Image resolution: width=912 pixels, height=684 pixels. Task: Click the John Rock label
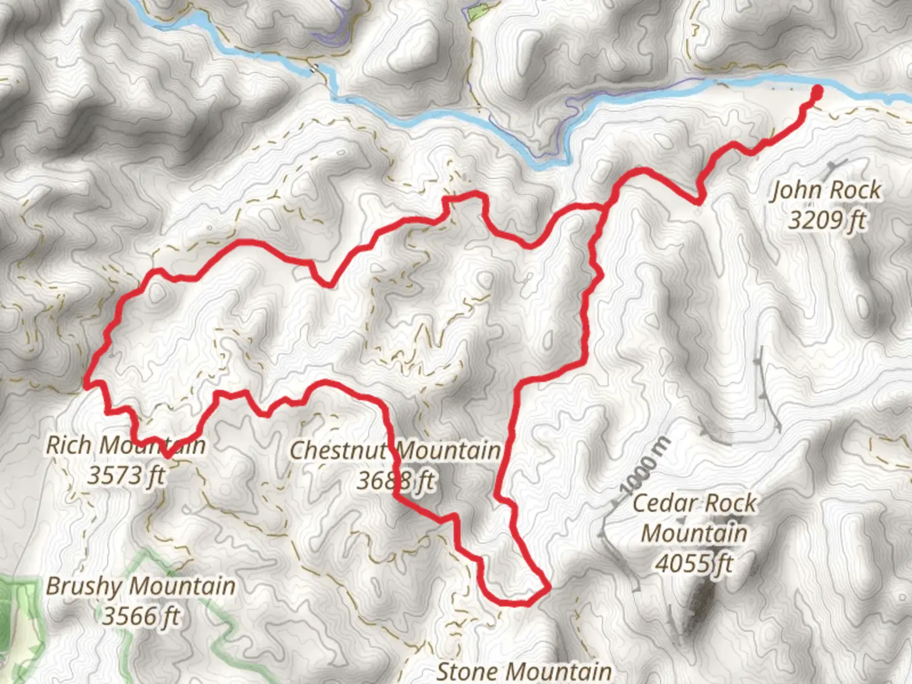(x=825, y=190)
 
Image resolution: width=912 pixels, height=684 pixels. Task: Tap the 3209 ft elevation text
(x=826, y=220)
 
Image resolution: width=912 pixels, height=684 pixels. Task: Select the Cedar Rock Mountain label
(x=694, y=518)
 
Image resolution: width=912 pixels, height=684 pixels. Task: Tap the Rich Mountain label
(x=125, y=445)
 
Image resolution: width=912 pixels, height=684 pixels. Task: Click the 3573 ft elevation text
(x=125, y=475)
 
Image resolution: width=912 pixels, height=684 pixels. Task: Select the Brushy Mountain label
(x=141, y=586)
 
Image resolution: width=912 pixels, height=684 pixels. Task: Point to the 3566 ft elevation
(x=141, y=616)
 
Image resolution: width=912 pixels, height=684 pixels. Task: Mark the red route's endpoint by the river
(x=816, y=93)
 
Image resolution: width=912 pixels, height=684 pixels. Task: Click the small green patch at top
(x=476, y=12)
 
